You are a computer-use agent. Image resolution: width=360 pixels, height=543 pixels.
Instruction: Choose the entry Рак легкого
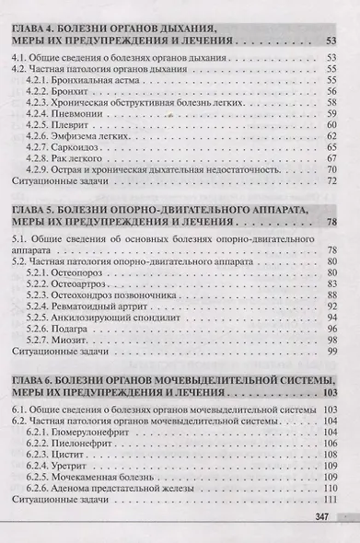pyautogui.click(x=84, y=158)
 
